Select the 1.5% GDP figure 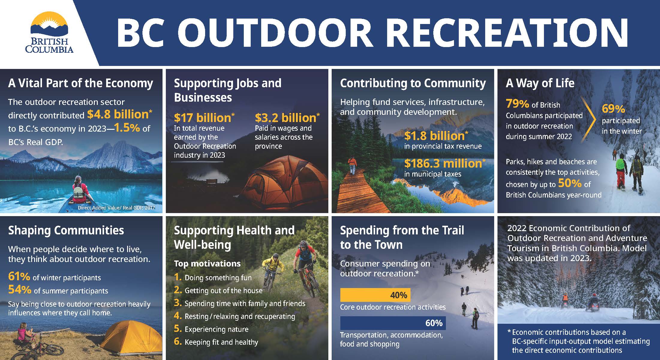pos(127,128)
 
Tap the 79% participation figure pos(517,104)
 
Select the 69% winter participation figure pos(613,109)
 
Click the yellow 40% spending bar pos(375,295)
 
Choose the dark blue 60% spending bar pos(393,323)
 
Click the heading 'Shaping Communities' pos(66,230)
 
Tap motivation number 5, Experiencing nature pos(216,329)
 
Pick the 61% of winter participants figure pos(19,276)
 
